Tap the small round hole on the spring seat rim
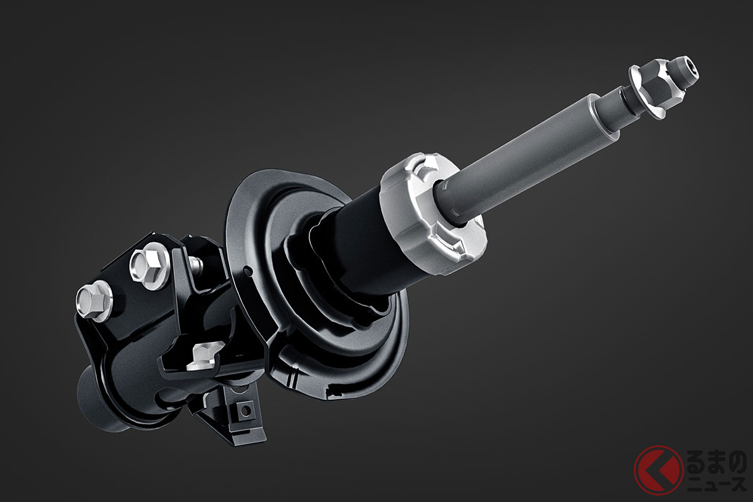click(x=247, y=270)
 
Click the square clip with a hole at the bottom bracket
click(x=244, y=410)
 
